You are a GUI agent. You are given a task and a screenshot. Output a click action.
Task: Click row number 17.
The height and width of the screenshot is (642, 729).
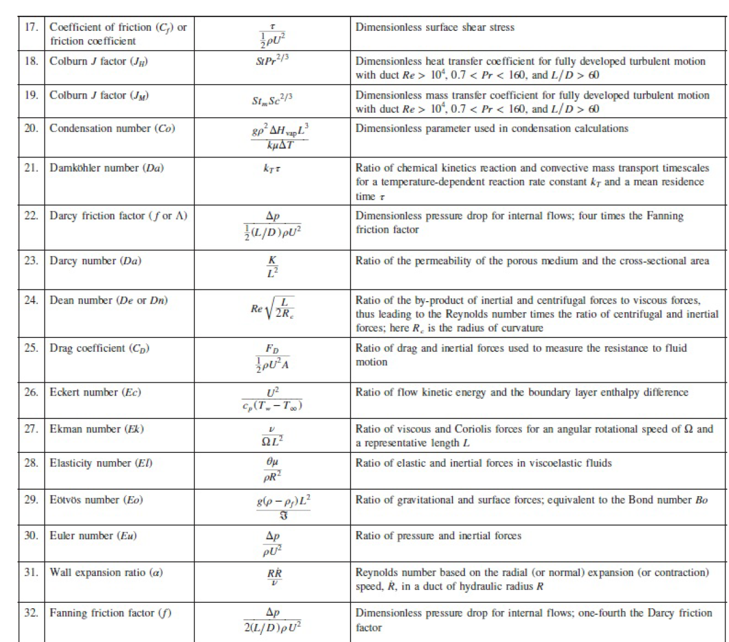coord(31,27)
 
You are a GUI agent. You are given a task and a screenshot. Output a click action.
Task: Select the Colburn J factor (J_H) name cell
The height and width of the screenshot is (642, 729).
coord(99,61)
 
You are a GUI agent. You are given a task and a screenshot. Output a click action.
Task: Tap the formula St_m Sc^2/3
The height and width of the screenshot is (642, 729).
coord(272,100)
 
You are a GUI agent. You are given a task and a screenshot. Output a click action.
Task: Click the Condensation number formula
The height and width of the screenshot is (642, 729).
coord(280,137)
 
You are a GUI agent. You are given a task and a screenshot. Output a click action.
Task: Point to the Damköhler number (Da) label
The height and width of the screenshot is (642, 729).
coord(107,168)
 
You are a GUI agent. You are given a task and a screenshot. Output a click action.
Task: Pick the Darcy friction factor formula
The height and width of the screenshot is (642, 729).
coord(272,225)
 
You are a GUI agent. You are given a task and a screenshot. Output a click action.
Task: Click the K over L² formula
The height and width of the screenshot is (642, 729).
coord(272,267)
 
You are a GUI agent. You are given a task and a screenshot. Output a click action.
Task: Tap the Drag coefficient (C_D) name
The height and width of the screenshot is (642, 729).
coord(100,348)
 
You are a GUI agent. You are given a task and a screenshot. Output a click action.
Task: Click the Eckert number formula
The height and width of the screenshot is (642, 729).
coord(272,399)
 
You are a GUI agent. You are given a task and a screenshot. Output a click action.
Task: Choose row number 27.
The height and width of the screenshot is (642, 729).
coord(31,429)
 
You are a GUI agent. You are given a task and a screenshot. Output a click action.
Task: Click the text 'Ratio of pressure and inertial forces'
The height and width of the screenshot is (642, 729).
coord(439,536)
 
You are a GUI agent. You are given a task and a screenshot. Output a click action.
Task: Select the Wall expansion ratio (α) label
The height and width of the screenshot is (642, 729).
coord(106,573)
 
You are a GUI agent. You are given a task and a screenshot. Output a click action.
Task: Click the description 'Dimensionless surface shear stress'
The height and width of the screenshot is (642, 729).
coord(435,27)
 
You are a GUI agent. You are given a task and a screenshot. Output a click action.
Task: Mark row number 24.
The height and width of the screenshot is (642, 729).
coord(31,301)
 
